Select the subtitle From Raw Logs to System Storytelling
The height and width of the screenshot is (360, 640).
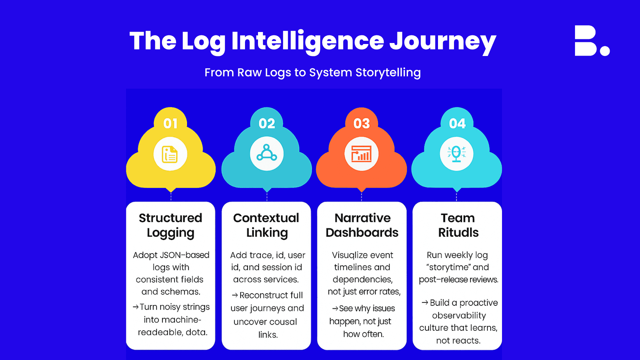(x=313, y=72)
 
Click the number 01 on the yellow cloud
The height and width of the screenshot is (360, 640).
(x=170, y=124)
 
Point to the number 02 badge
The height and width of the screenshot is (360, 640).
(x=267, y=124)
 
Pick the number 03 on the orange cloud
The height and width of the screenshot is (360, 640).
(x=362, y=124)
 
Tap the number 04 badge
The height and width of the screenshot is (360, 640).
(x=457, y=124)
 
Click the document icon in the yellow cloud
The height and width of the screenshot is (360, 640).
(x=170, y=154)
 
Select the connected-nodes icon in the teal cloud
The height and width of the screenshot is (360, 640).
(x=267, y=153)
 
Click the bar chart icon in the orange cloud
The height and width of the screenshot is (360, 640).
(x=361, y=154)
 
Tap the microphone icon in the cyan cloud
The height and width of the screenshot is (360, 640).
(x=456, y=154)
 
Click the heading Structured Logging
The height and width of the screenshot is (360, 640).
(x=170, y=225)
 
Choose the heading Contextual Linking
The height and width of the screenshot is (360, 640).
(x=266, y=225)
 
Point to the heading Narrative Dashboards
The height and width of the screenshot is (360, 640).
(x=362, y=225)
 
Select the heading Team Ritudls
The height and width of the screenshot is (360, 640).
(x=458, y=225)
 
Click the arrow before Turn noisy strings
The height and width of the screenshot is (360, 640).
(x=136, y=307)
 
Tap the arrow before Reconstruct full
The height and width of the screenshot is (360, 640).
(x=235, y=295)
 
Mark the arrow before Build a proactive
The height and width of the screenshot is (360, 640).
(x=425, y=303)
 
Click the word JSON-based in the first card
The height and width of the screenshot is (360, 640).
(x=185, y=255)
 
